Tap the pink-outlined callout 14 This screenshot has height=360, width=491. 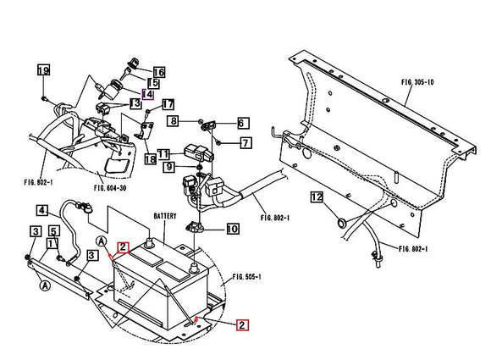[146, 94]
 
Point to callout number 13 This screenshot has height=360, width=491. [135, 103]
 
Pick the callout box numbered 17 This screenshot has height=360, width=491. [168, 105]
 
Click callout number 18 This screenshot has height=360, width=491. [150, 158]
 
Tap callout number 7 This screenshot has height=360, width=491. [245, 142]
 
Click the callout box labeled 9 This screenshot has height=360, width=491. [169, 167]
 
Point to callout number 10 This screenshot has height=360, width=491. [233, 229]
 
